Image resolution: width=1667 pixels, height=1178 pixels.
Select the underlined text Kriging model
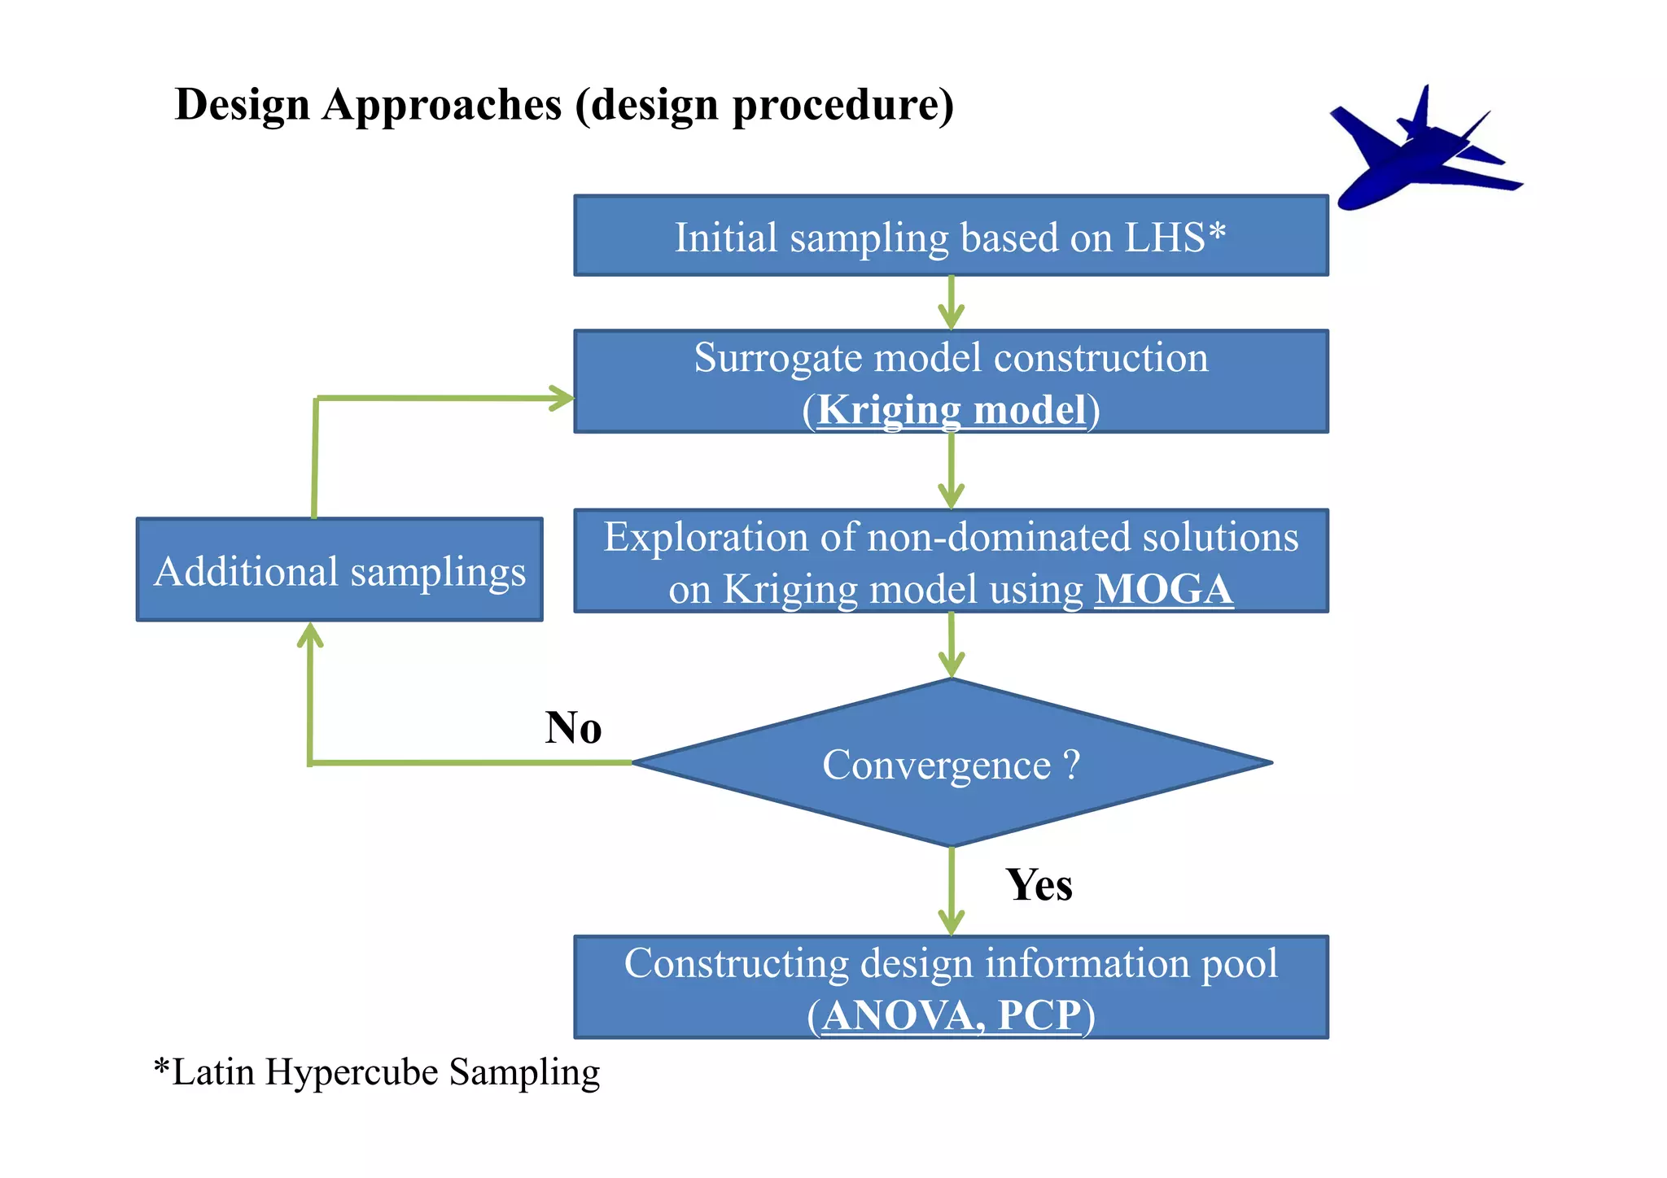(x=951, y=409)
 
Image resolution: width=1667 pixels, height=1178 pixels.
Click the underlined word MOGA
(x=1163, y=589)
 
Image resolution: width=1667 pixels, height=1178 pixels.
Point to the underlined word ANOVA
(x=902, y=1015)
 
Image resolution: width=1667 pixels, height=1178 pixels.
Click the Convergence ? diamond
(x=951, y=764)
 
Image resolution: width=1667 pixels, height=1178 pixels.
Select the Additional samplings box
(x=339, y=570)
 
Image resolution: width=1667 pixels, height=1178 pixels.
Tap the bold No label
(x=573, y=727)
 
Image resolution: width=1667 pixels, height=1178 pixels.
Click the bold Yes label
(x=1039, y=884)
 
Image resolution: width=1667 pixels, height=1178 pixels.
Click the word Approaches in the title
(x=442, y=105)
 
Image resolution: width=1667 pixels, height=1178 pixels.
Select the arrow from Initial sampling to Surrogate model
(x=951, y=303)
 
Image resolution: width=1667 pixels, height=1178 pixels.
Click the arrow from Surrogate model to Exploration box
(x=951, y=471)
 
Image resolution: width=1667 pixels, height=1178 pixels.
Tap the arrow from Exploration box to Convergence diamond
(x=951, y=645)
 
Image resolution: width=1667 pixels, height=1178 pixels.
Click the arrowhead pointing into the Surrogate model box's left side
(x=562, y=398)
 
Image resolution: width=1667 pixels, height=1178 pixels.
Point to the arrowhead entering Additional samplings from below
(x=310, y=635)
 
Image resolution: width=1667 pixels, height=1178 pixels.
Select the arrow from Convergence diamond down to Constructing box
(x=951, y=892)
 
